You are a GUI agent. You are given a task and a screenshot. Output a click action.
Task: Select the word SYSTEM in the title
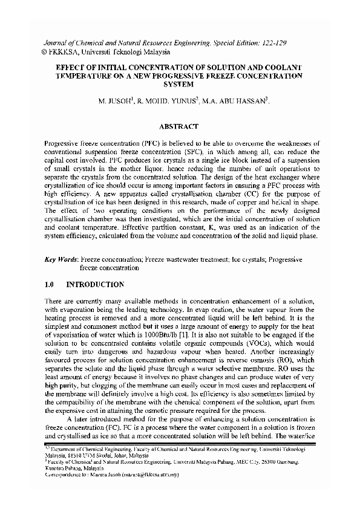[x=179, y=85]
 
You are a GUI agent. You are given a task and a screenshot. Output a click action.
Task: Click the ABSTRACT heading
[x=179, y=127]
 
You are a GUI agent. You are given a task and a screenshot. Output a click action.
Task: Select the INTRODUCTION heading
[x=95, y=284]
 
